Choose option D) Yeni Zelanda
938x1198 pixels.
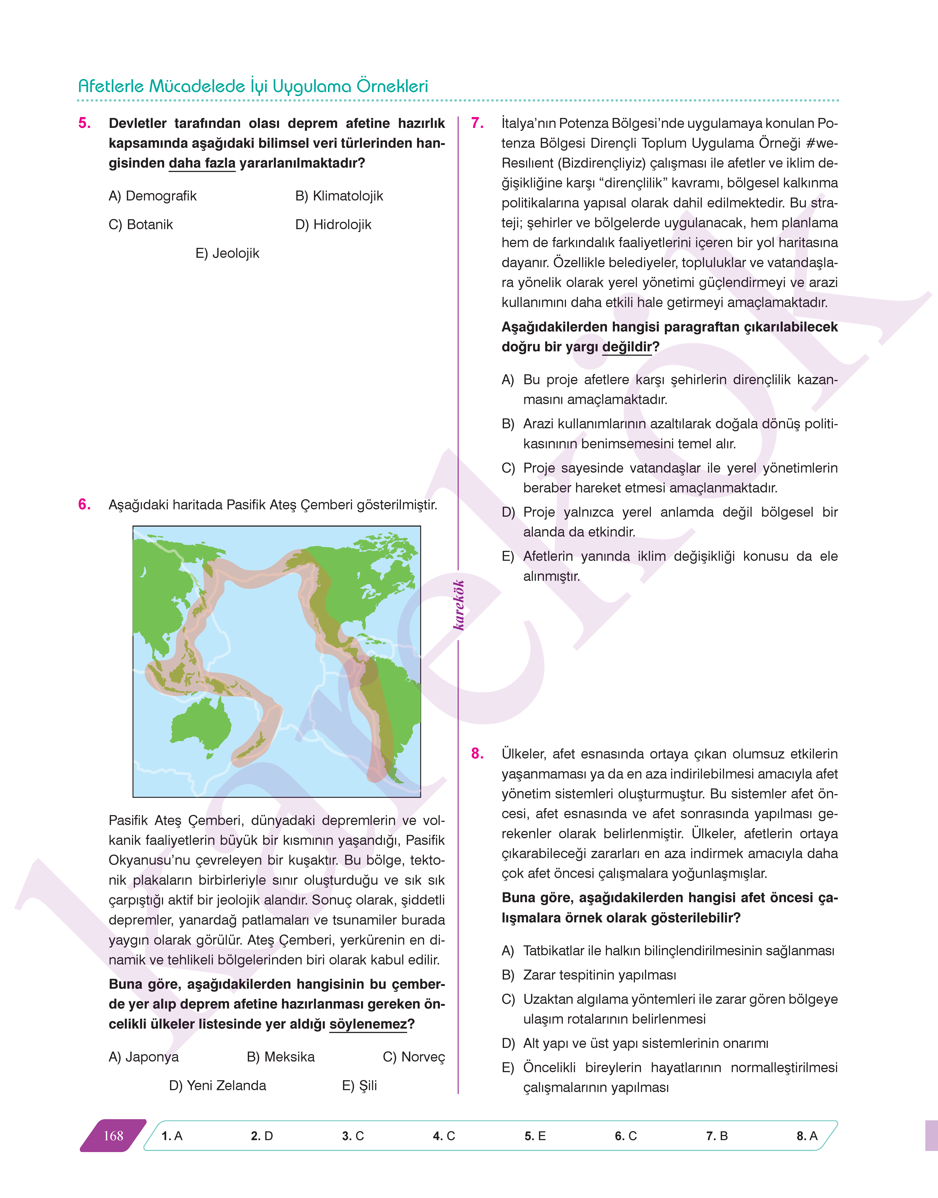[217, 1085]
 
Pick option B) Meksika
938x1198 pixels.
[281, 1057]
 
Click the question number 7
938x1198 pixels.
[477, 123]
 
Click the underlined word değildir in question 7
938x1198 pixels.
[627, 347]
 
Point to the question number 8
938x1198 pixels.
[477, 754]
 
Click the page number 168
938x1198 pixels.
[114, 1136]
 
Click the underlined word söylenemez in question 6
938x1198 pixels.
[368, 1025]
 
